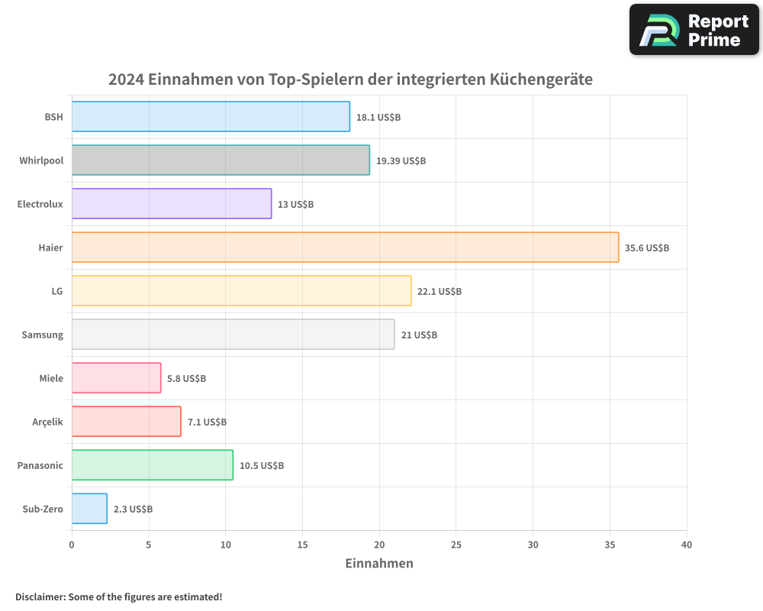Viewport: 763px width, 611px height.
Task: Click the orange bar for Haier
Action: coord(345,247)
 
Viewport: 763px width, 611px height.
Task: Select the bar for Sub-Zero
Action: coord(89,509)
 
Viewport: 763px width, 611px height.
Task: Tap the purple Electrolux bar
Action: coord(172,204)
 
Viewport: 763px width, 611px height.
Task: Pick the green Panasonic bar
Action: coord(153,465)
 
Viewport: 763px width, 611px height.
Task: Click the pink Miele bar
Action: coord(116,378)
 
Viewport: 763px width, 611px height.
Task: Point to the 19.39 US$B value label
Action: coord(401,161)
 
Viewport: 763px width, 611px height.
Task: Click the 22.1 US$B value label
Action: coord(439,292)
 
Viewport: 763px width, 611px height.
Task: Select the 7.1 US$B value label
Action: coord(207,422)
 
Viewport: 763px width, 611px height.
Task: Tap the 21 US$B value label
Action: coord(419,335)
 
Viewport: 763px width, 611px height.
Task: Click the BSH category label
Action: coord(53,118)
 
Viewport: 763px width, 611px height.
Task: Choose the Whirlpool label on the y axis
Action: coord(41,161)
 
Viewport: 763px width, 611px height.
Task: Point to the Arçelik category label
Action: coord(48,422)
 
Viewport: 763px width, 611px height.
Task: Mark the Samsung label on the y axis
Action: coord(43,335)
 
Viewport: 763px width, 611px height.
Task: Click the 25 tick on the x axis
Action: coord(456,545)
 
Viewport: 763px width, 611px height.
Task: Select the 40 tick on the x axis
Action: coord(686,545)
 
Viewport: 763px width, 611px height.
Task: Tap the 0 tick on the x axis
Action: coord(72,545)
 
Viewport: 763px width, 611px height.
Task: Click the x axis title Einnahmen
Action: coord(379,564)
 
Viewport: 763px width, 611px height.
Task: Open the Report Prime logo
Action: coord(694,30)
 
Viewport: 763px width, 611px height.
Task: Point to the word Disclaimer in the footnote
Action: coord(40,597)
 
